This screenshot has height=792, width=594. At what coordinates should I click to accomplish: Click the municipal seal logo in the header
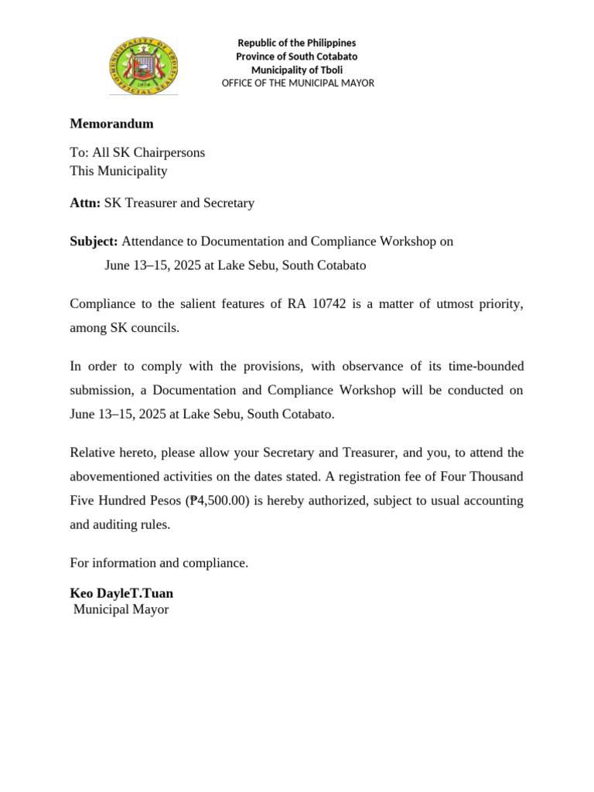pos(143,65)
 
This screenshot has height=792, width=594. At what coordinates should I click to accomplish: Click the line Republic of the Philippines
pos(297,43)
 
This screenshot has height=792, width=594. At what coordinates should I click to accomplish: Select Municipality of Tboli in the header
pos(297,70)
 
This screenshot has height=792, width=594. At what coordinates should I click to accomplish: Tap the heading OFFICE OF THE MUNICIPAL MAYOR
pos(298,83)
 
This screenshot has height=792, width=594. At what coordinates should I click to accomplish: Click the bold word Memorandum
pos(111,124)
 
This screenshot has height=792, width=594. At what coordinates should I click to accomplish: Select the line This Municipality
pos(118,171)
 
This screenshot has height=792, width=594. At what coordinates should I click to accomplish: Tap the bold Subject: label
pos(94,241)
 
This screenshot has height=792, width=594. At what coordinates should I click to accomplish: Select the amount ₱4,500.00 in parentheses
pos(219,501)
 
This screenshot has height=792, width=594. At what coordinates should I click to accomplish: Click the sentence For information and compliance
pos(159,563)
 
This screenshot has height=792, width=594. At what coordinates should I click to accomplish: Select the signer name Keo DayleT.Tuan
pos(121,593)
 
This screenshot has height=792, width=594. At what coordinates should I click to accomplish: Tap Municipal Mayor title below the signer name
pos(121,610)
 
